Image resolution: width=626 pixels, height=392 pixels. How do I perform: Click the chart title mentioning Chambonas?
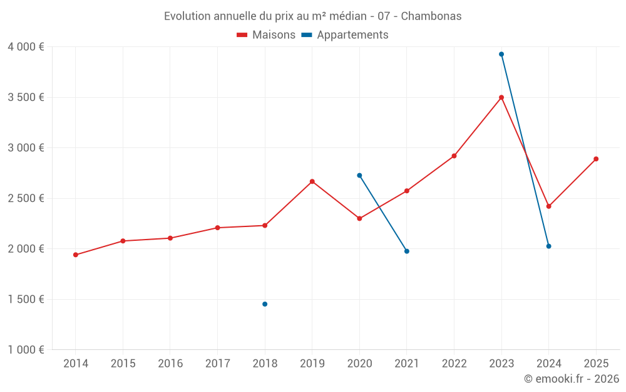point(312,16)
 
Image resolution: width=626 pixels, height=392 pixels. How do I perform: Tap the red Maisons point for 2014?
point(76,255)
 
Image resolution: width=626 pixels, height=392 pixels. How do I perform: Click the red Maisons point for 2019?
point(312,181)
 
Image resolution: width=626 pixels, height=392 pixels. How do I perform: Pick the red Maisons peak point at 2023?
point(501,97)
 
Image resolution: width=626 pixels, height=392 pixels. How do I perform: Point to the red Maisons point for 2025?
point(596,159)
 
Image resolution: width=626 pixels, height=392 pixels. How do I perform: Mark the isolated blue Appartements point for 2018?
point(265,304)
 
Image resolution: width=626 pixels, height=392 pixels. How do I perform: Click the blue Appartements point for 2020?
point(359,176)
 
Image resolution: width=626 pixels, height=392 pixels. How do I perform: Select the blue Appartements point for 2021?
point(407,251)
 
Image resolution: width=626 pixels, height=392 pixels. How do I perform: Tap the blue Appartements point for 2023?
point(501,54)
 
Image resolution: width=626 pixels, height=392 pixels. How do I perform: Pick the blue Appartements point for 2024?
point(549,246)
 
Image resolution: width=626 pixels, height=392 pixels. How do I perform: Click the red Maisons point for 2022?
point(454,156)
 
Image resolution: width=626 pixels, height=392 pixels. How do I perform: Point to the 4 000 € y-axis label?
point(26,47)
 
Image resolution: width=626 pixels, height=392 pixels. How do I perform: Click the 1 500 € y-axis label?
point(26,299)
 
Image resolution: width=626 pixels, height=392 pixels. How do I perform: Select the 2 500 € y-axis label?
point(26,198)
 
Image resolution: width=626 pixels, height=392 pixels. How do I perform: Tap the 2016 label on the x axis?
point(170,364)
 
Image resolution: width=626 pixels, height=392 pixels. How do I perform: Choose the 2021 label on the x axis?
point(407,364)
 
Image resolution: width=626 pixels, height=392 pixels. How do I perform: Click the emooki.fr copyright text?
point(571,379)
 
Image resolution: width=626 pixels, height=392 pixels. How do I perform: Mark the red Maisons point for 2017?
point(217,228)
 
